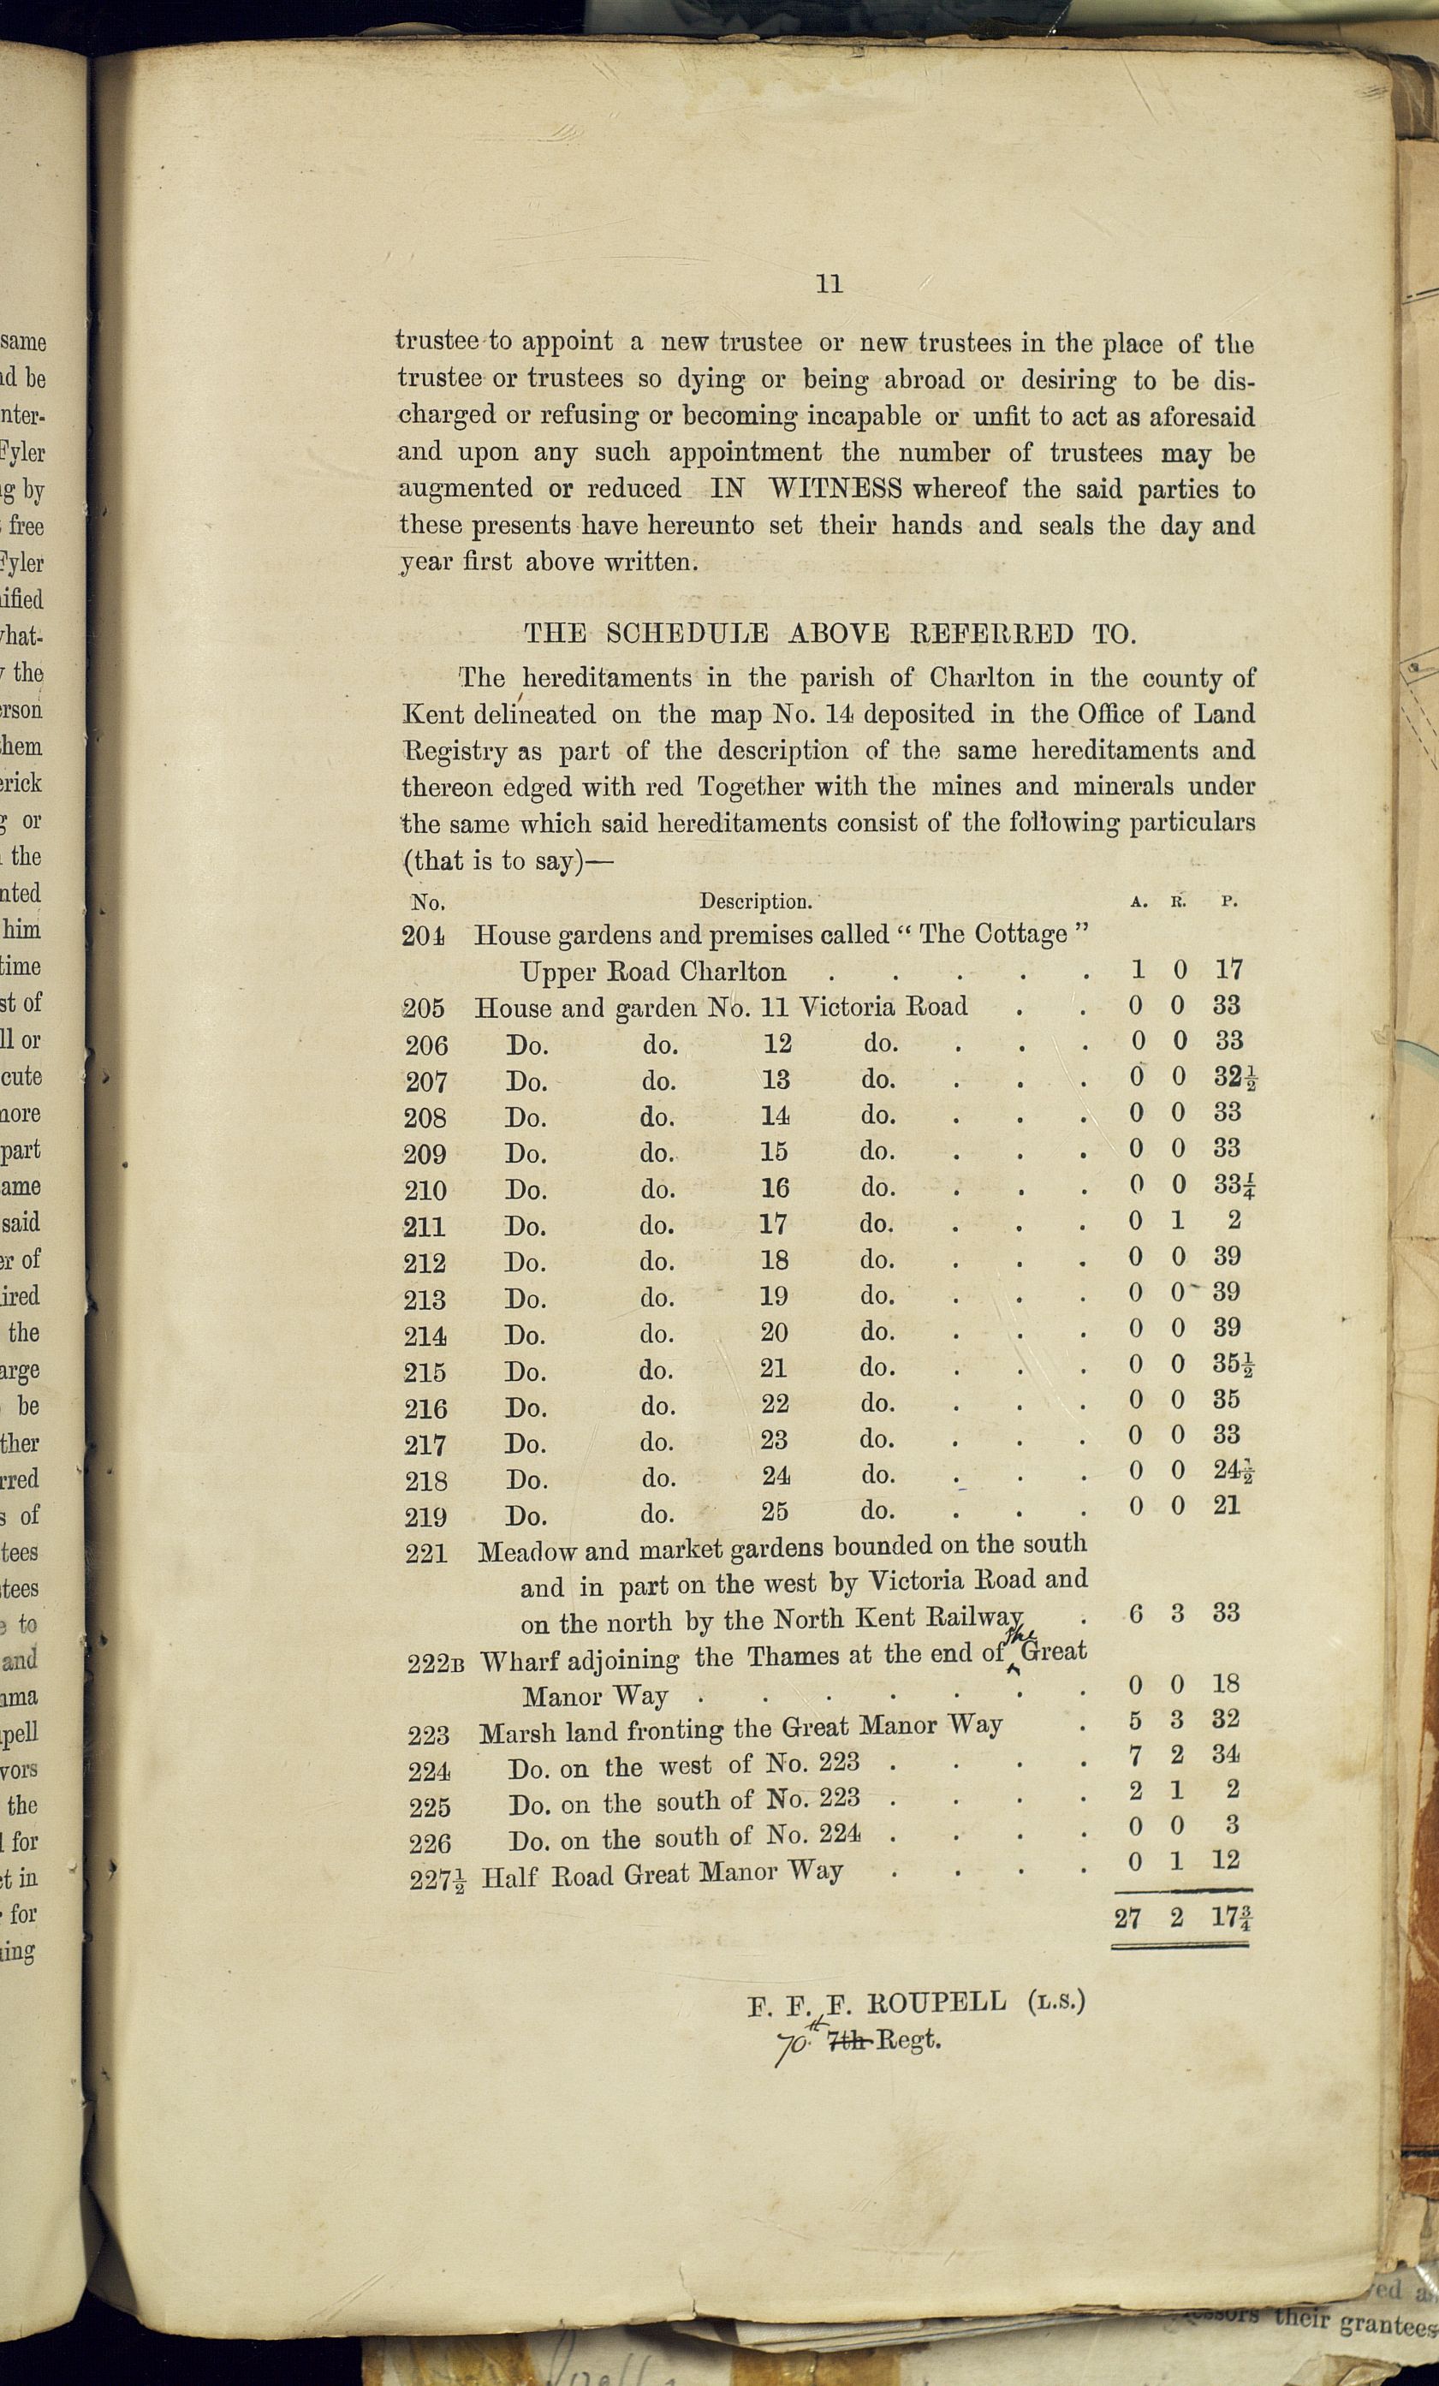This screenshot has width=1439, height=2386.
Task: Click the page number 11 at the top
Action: tap(829, 283)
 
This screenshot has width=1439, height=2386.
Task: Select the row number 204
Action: tap(423, 936)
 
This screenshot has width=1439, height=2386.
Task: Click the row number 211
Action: tap(424, 1227)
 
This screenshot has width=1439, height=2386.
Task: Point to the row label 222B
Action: tap(435, 1663)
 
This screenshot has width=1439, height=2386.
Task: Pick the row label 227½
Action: tap(436, 1878)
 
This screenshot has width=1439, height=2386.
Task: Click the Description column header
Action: tap(755, 901)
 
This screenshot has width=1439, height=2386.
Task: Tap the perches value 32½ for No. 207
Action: tap(1235, 1078)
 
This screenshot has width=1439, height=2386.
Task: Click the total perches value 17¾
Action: tap(1230, 1918)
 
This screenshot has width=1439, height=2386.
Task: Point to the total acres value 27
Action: tap(1127, 1918)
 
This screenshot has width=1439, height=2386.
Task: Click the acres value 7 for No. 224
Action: tap(1135, 1753)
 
